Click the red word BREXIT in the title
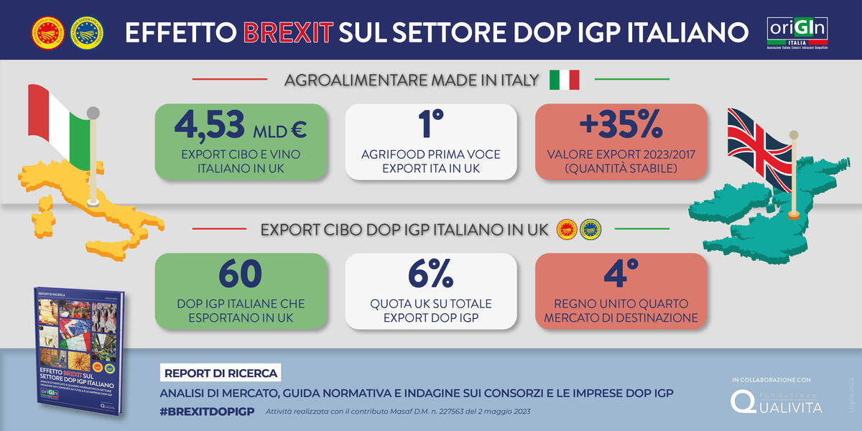point(288,32)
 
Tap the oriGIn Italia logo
point(797,32)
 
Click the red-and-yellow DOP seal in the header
point(47,32)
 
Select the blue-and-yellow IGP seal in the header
point(86,32)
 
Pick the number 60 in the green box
point(241,275)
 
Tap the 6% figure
point(431,275)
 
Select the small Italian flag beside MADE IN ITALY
point(564,80)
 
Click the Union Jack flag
point(761,154)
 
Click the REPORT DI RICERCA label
point(219,374)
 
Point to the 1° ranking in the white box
point(431,126)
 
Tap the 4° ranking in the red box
point(621,275)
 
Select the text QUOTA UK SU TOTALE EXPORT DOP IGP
point(431,310)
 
